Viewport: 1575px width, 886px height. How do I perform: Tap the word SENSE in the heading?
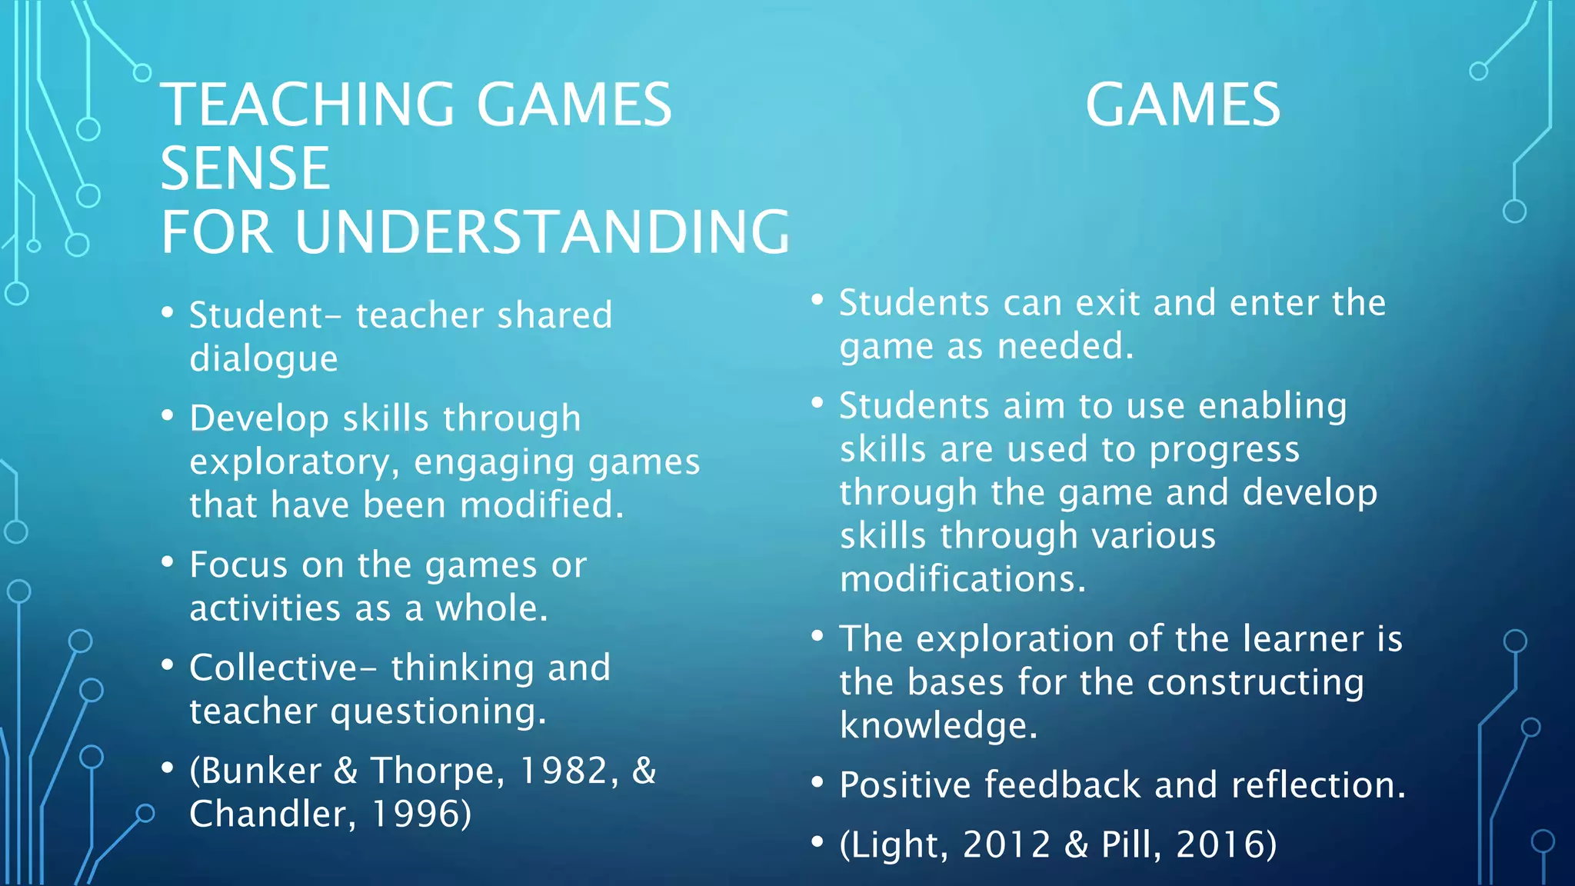click(x=245, y=168)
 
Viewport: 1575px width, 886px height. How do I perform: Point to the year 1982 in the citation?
click(x=563, y=771)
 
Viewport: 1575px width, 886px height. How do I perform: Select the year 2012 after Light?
click(x=1007, y=844)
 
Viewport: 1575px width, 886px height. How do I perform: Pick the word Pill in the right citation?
click(x=1130, y=844)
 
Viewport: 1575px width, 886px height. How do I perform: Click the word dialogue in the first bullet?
click(x=264, y=359)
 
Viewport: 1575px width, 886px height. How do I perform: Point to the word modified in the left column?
click(x=541, y=505)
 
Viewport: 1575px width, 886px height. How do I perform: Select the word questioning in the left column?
click(x=438, y=711)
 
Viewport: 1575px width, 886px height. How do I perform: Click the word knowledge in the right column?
click(x=938, y=725)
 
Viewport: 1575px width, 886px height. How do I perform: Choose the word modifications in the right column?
click(x=963, y=579)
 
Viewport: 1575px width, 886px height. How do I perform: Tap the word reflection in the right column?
click(x=1318, y=785)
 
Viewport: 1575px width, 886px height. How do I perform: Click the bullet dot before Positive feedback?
click(x=817, y=782)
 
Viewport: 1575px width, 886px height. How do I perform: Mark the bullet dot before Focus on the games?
click(x=168, y=562)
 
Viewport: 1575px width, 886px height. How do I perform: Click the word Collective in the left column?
click(x=274, y=668)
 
